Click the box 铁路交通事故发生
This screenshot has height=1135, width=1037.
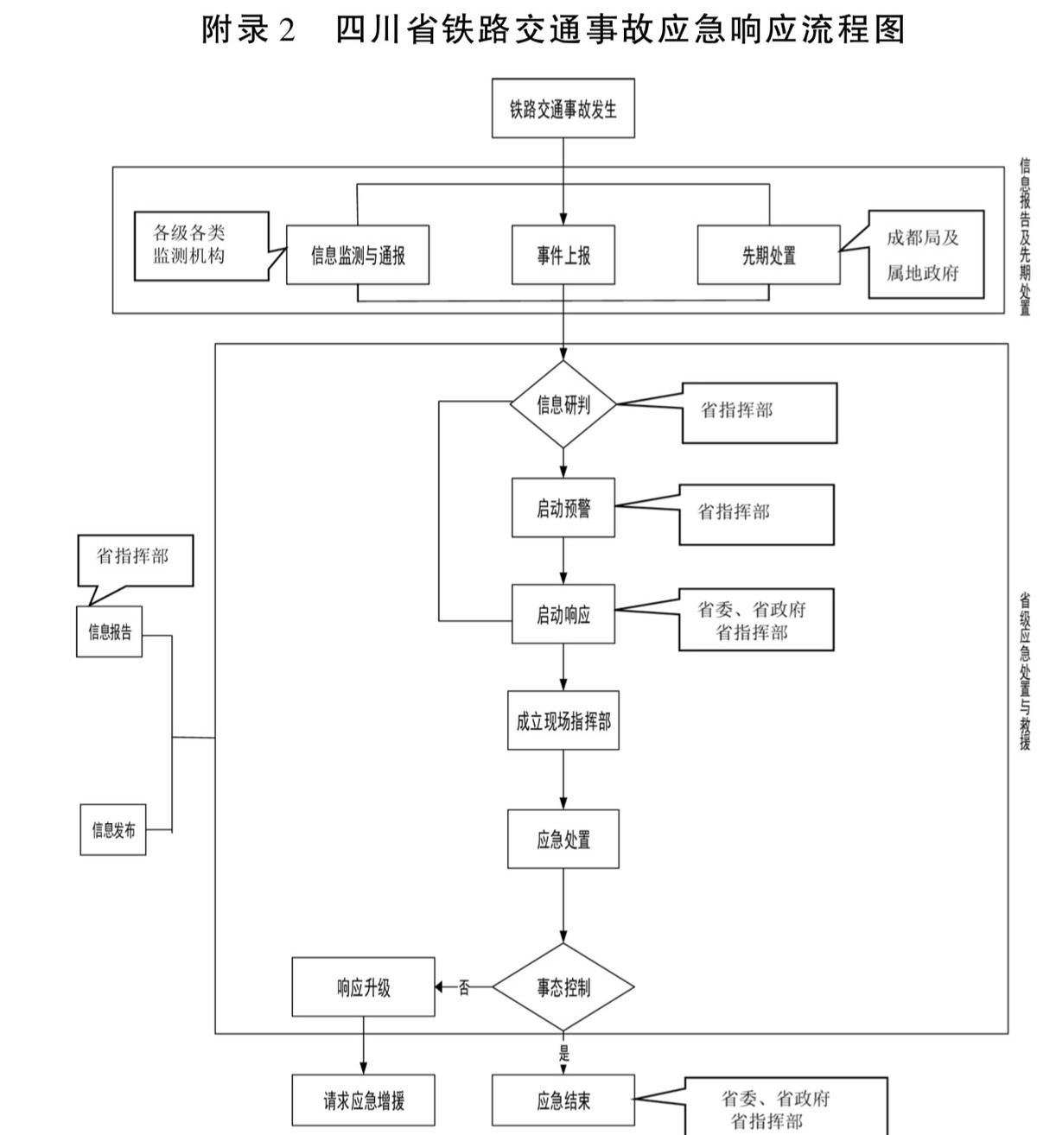(x=563, y=109)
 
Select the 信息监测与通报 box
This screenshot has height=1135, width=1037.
(x=358, y=255)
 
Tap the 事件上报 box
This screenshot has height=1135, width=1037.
(x=563, y=255)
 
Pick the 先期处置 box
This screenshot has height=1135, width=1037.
(x=768, y=255)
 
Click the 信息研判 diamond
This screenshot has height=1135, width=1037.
(x=563, y=404)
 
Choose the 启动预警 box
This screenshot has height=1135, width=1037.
(x=563, y=508)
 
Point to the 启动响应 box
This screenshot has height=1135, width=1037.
(x=563, y=614)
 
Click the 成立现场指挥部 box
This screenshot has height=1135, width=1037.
(x=563, y=720)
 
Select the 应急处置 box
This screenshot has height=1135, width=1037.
(x=563, y=839)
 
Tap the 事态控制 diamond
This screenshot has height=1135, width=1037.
(x=563, y=986)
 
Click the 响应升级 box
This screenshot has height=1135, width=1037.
(x=363, y=986)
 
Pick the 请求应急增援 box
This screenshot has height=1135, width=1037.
(x=363, y=1100)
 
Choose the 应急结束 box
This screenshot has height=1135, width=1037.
(x=563, y=1100)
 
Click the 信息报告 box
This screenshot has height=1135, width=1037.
(x=109, y=631)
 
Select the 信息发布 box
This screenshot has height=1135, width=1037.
(x=113, y=830)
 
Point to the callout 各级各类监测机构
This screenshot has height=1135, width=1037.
(x=200, y=245)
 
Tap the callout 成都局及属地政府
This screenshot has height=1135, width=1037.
(x=926, y=255)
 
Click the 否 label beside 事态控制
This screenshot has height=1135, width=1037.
(x=464, y=987)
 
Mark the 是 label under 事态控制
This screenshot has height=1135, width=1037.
(x=564, y=1053)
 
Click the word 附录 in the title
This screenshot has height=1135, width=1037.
(x=236, y=30)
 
